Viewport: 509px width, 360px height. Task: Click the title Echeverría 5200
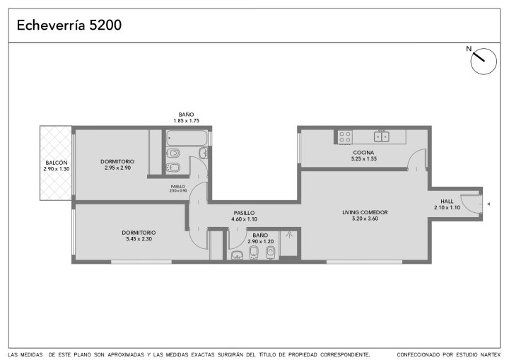pos(69,25)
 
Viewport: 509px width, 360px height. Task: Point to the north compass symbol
pos(483,61)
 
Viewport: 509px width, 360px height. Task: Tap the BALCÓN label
pos(57,163)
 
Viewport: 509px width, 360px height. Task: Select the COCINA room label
pos(363,152)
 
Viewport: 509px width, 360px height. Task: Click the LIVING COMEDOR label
pos(365,212)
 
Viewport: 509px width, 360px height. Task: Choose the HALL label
pos(447,201)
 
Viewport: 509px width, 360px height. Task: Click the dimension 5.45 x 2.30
pos(139,239)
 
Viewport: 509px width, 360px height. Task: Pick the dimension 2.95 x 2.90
pos(117,168)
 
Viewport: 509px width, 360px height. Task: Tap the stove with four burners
pos(345,137)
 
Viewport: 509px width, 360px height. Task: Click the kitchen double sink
pos(382,136)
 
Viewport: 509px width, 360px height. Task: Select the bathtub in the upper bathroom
pos(187,138)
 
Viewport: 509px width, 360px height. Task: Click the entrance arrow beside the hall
pos(488,204)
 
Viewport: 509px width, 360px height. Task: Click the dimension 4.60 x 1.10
pos(244,219)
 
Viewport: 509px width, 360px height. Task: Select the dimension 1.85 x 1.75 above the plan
pos(187,120)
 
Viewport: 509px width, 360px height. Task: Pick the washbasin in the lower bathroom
pos(238,255)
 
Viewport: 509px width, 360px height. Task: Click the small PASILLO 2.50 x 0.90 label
pos(178,189)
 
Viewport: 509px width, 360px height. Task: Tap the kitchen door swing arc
pos(414,154)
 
